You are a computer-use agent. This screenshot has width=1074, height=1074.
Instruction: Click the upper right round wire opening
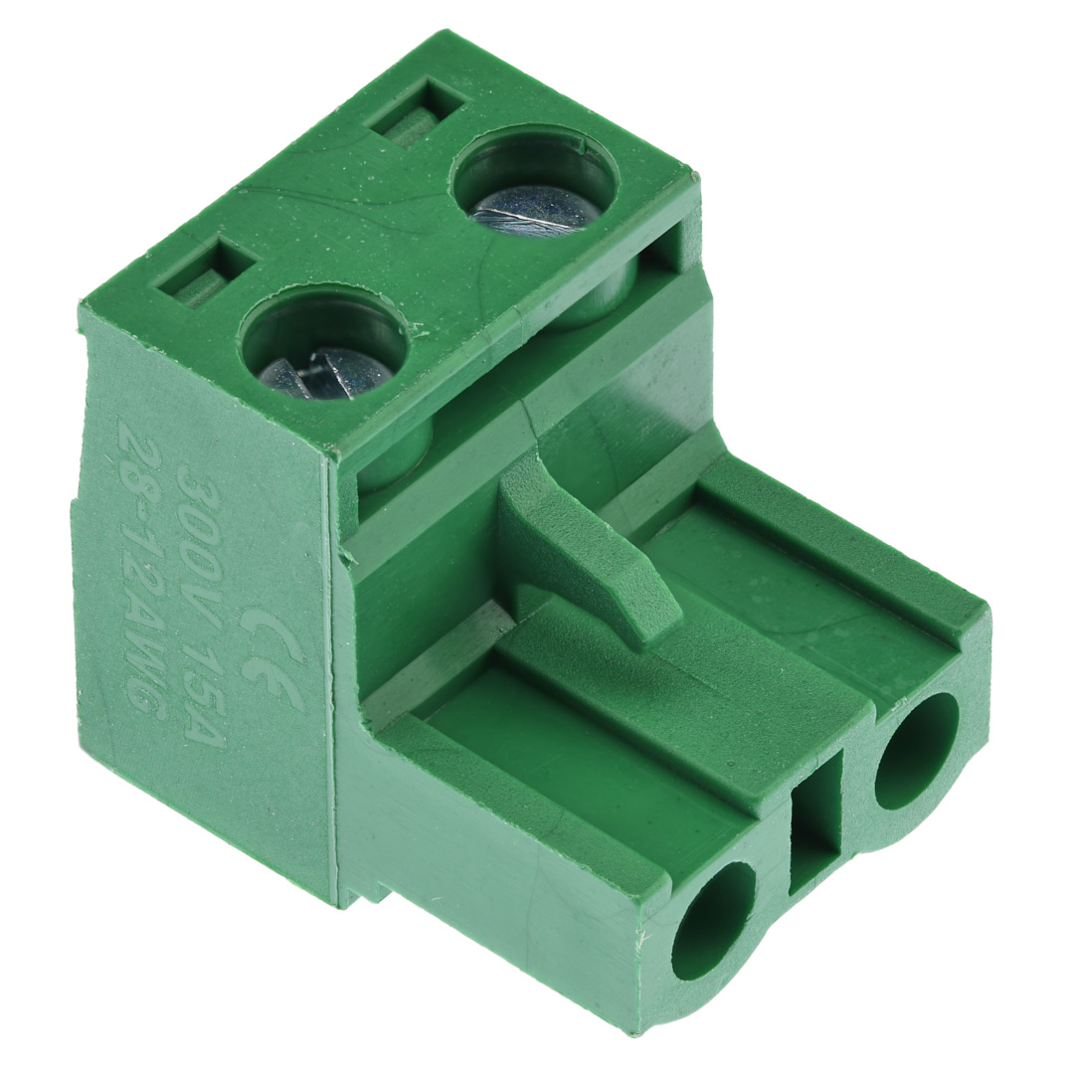pos(917,751)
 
